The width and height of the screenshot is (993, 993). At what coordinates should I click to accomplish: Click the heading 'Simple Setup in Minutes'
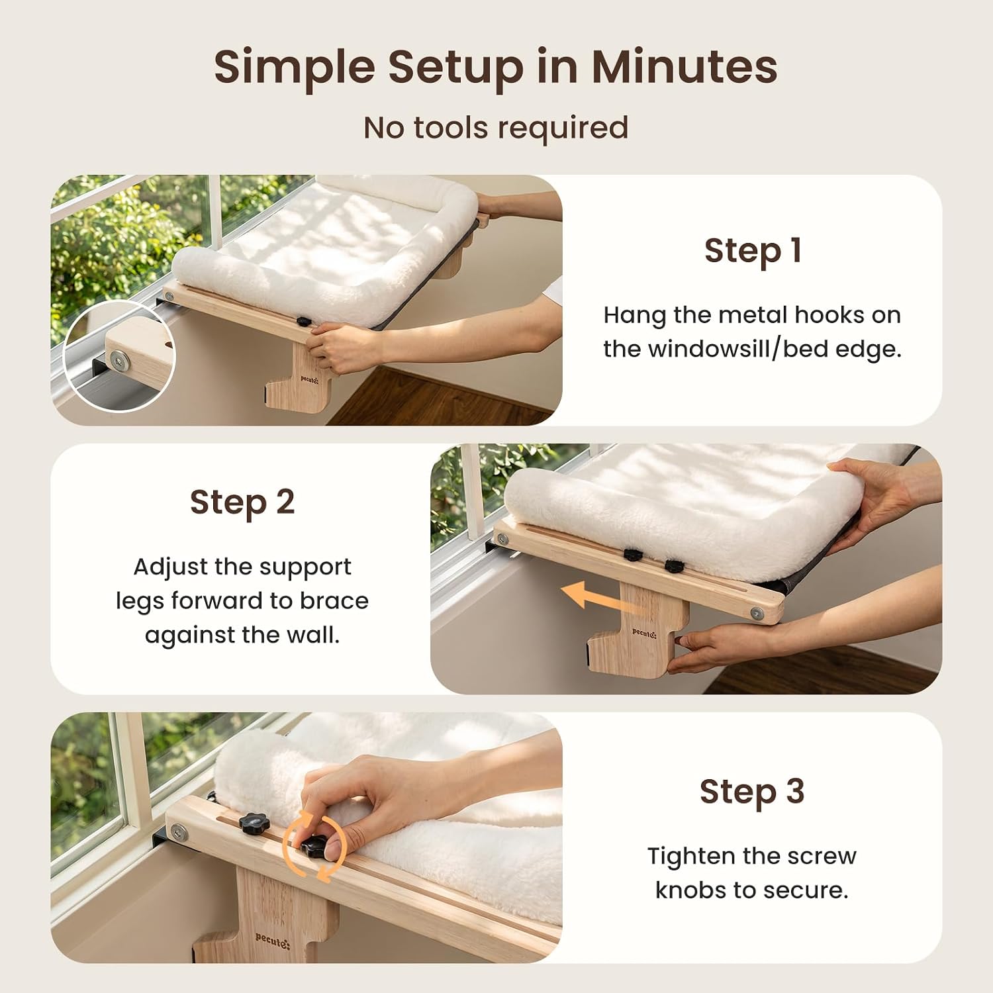(496, 68)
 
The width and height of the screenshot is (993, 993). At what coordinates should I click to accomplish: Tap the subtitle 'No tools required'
(496, 128)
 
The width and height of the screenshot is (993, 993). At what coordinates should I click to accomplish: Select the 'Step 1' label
(753, 251)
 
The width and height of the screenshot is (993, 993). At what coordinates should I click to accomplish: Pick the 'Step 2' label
(242, 502)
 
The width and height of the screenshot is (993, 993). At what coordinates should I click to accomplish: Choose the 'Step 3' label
(752, 792)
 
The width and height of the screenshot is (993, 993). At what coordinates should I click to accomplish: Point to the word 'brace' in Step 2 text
(334, 600)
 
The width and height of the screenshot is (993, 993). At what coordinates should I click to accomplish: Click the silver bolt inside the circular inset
(120, 360)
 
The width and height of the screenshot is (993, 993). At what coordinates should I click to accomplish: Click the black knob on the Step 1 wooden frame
(304, 322)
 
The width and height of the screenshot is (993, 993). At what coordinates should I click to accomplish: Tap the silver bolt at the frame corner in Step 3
(177, 832)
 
